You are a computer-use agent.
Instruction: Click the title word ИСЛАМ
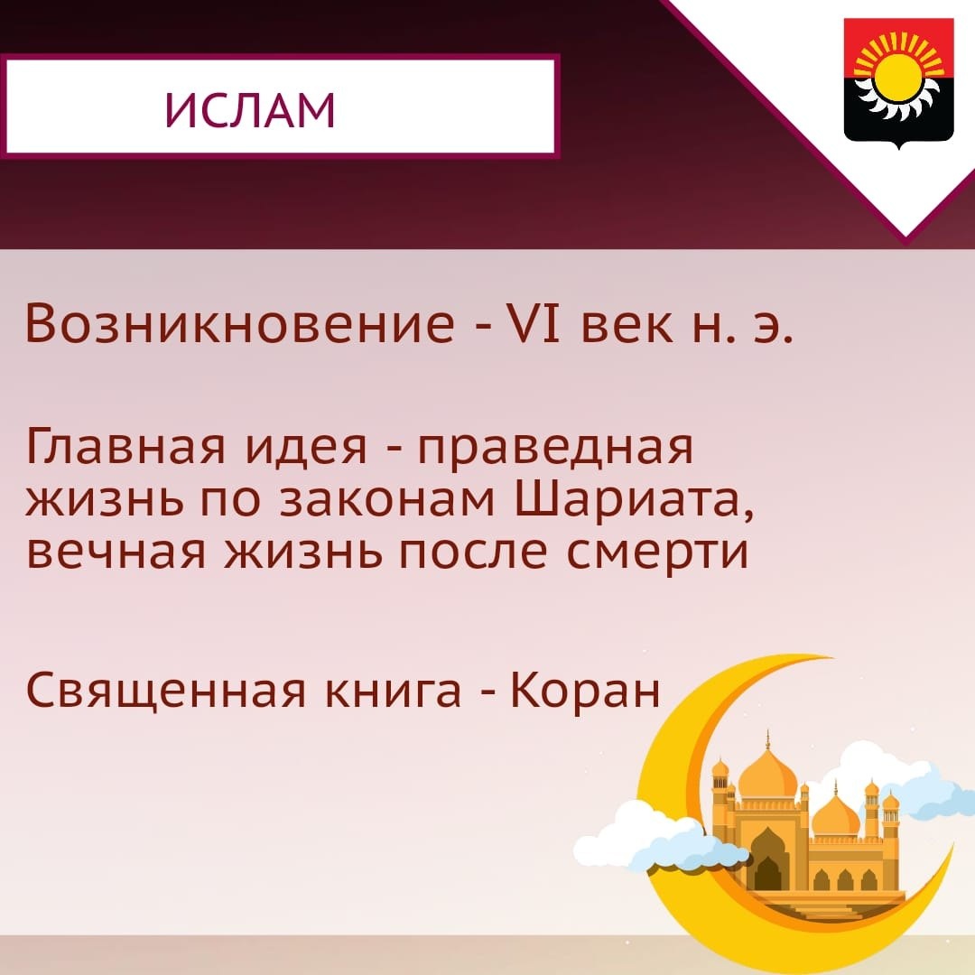click(250, 110)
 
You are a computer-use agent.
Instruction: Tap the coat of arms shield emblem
click(898, 84)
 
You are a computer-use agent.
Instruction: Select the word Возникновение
click(239, 323)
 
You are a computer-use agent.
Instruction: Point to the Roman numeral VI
click(534, 323)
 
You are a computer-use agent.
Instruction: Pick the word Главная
click(125, 447)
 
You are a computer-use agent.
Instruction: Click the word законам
click(386, 500)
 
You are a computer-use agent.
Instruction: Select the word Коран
click(585, 690)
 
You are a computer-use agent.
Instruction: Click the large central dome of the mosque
click(768, 772)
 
